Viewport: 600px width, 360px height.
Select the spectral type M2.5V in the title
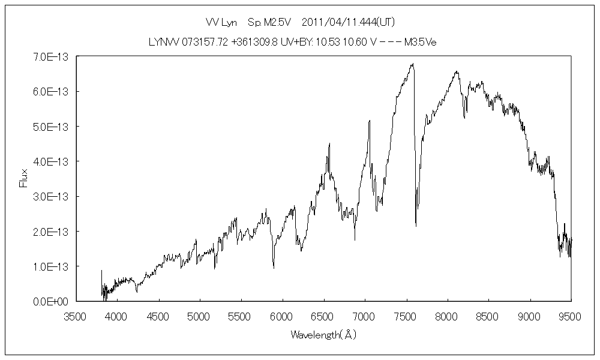pyautogui.click(x=274, y=22)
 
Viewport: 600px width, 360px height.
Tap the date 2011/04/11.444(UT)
pyautogui.click(x=347, y=22)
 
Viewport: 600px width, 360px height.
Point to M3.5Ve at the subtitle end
pyautogui.click(x=419, y=42)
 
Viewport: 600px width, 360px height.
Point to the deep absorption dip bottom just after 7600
pyautogui.click(x=416, y=226)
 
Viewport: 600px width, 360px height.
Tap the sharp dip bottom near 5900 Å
pyautogui.click(x=274, y=268)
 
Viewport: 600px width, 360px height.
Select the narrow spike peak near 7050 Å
pyautogui.click(x=370, y=121)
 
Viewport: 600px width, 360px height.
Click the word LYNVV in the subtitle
pyautogui.click(x=161, y=42)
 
